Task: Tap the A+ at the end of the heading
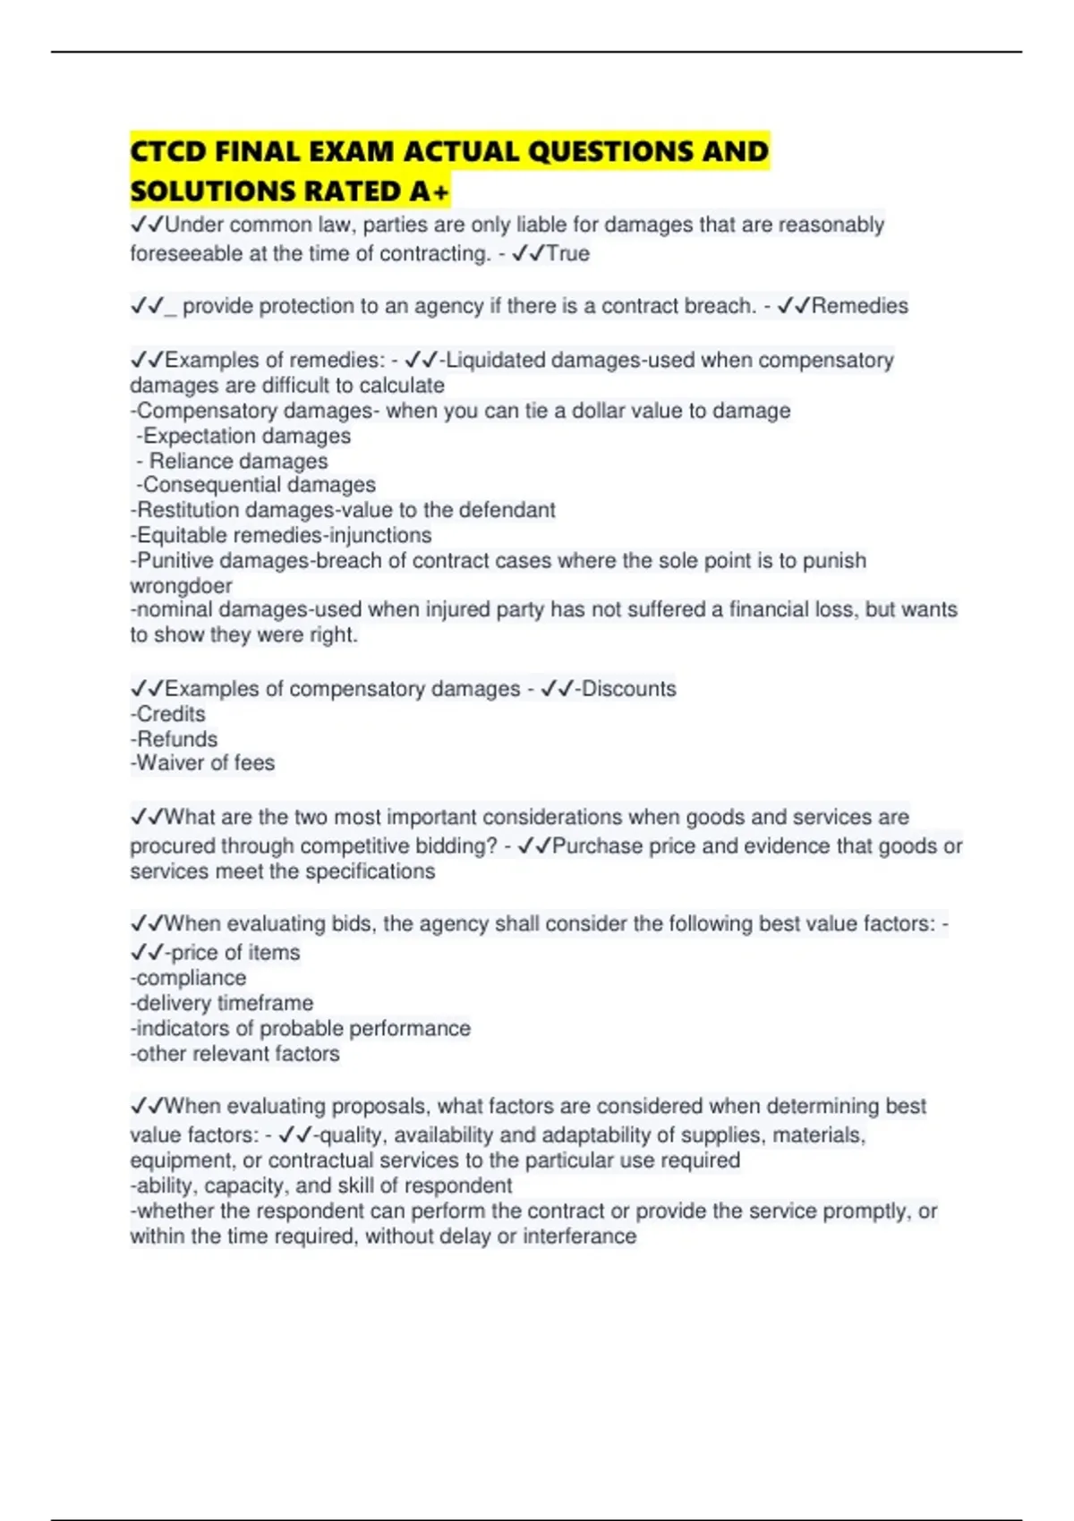pyautogui.click(x=430, y=191)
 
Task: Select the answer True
pyautogui.click(x=567, y=253)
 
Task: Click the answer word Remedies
pyautogui.click(x=859, y=306)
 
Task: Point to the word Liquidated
pyautogui.click(x=496, y=360)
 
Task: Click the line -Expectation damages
pyautogui.click(x=243, y=436)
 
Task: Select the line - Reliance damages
pyautogui.click(x=233, y=461)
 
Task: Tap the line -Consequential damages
pyautogui.click(x=256, y=485)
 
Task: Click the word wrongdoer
pyautogui.click(x=181, y=586)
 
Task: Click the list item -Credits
pyautogui.click(x=168, y=714)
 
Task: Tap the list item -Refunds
pyautogui.click(x=174, y=739)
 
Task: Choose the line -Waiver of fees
pyautogui.click(x=202, y=763)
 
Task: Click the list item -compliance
pyautogui.click(x=188, y=978)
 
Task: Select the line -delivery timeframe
pyautogui.click(x=222, y=1003)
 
